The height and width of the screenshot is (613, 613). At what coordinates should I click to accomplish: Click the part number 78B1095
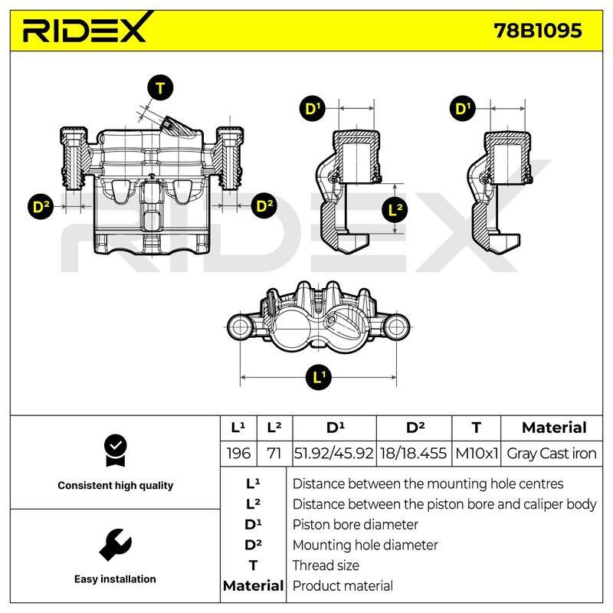pyautogui.click(x=538, y=31)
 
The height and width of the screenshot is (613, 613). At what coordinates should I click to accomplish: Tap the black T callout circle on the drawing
pyautogui.click(x=160, y=87)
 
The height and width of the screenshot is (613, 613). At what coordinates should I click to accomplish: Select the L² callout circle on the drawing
pyautogui.click(x=395, y=210)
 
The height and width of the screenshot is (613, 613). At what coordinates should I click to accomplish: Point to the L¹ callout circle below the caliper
pyautogui.click(x=318, y=377)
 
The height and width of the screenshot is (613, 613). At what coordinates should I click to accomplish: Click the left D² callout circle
pyautogui.click(x=41, y=206)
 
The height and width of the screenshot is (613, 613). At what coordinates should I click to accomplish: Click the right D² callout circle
pyautogui.click(x=264, y=206)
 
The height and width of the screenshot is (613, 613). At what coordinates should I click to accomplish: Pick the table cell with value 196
pyautogui.click(x=238, y=454)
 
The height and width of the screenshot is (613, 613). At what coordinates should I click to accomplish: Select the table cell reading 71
pyautogui.click(x=274, y=454)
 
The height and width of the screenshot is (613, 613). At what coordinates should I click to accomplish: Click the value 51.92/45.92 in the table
pyautogui.click(x=334, y=454)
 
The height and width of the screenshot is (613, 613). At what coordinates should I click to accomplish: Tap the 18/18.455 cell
pyautogui.click(x=413, y=454)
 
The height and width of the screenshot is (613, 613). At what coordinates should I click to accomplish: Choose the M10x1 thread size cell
pyautogui.click(x=477, y=454)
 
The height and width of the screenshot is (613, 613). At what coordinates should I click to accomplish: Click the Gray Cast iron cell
pyautogui.click(x=552, y=454)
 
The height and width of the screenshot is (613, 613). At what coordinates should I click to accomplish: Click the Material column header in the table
pyautogui.click(x=554, y=428)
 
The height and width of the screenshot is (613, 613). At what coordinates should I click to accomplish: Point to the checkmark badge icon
pyautogui.click(x=116, y=451)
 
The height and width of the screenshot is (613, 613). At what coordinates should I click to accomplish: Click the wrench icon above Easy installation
pyautogui.click(x=116, y=545)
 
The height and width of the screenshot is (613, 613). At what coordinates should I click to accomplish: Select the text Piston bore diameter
pyautogui.click(x=356, y=525)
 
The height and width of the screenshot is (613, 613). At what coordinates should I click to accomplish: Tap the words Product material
pyautogui.click(x=343, y=585)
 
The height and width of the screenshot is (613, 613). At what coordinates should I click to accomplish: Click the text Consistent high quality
pyautogui.click(x=116, y=486)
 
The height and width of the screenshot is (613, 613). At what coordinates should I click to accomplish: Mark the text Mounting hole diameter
pyautogui.click(x=366, y=545)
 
